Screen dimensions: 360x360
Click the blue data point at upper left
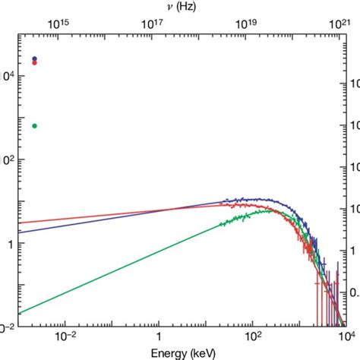point(34,58)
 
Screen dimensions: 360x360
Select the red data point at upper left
point(34,63)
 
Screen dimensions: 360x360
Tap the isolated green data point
point(34,125)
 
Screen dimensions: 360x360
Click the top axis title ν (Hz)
point(179,7)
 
